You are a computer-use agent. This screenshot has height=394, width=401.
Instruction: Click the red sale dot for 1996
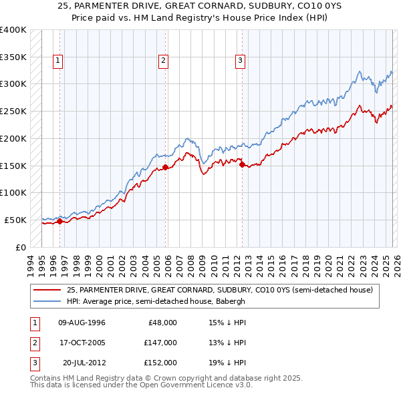59,221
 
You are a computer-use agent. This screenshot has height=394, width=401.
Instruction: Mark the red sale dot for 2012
242,164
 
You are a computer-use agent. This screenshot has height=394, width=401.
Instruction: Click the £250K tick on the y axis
13,111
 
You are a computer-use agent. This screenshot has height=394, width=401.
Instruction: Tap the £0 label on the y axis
21,247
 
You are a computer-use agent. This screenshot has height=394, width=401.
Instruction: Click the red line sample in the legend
47,290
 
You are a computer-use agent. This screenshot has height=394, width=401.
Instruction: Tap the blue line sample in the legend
47,301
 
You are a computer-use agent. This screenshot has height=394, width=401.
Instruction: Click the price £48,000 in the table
162,323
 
